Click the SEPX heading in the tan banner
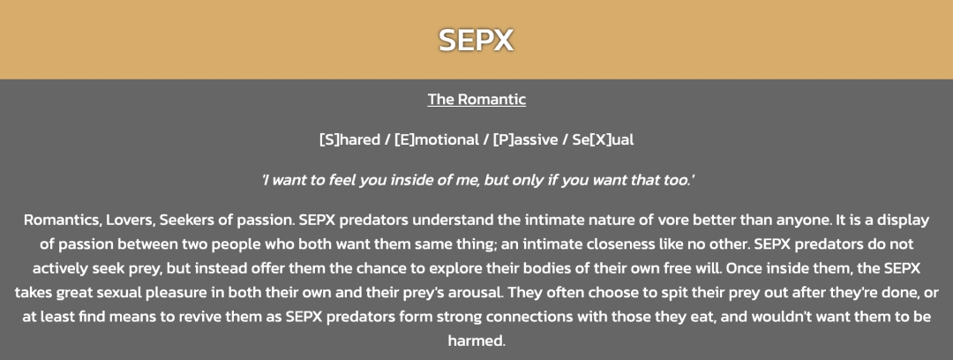pos(476,40)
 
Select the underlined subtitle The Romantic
pos(476,99)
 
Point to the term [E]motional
pos(437,140)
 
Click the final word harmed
pos(476,341)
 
